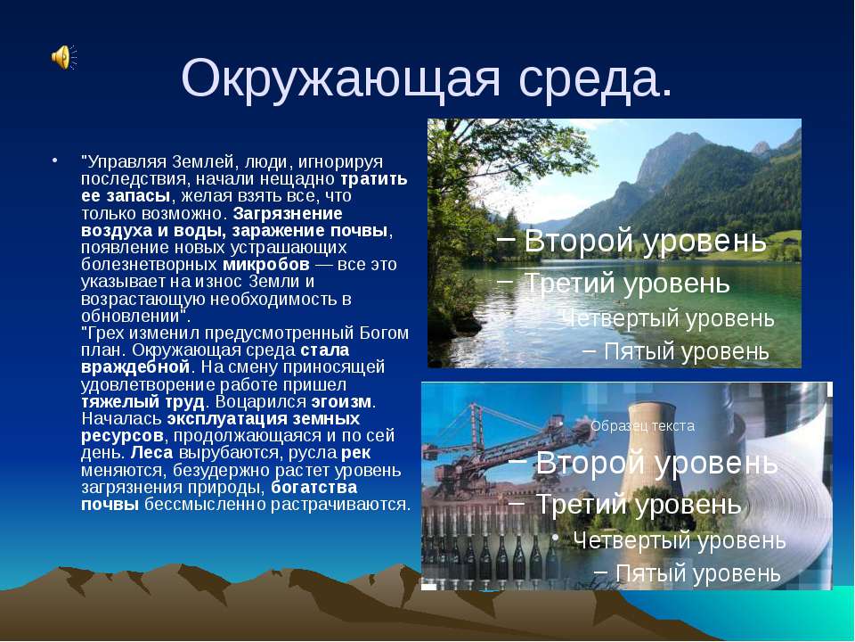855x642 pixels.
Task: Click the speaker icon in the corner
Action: tap(62, 58)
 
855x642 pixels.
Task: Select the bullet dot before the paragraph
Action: tap(55, 161)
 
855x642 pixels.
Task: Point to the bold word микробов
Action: tap(266, 266)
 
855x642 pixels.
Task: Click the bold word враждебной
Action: tap(136, 367)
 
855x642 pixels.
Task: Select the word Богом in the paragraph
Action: tap(384, 333)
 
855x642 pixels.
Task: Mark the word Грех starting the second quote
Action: tap(102, 333)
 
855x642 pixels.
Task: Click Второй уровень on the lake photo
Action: tap(645, 242)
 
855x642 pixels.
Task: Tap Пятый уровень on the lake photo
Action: tap(686, 351)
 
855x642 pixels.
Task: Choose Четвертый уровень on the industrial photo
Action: tap(679, 540)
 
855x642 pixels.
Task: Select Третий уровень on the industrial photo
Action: tap(639, 505)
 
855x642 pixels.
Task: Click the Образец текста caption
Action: tap(642, 426)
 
